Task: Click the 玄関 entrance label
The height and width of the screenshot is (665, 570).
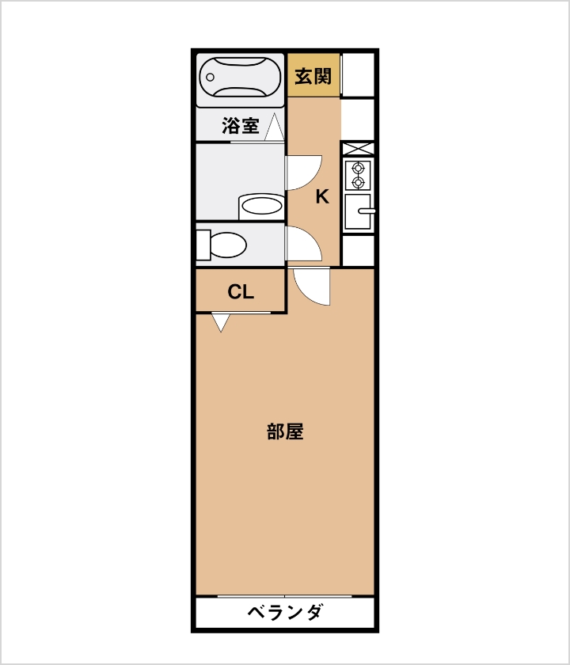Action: tap(313, 76)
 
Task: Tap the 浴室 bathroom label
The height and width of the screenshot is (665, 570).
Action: tap(241, 126)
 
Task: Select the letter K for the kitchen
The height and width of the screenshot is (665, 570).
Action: tap(322, 197)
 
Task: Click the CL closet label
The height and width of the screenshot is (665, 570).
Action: tap(241, 292)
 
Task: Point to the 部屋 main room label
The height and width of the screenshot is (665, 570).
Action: tap(285, 431)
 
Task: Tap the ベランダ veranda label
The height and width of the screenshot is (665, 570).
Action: tap(284, 613)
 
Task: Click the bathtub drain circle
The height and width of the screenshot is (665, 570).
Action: tap(210, 78)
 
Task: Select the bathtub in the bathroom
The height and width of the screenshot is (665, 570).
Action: tap(240, 78)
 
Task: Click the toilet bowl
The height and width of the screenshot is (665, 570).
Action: tap(228, 245)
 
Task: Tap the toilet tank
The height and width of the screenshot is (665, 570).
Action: tap(203, 245)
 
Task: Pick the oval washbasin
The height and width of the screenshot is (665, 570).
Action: tap(261, 207)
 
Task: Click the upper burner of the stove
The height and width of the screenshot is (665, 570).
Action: tap(359, 169)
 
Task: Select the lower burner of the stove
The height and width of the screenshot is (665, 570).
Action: tap(359, 183)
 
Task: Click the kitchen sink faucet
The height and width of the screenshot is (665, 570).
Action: tap(367, 211)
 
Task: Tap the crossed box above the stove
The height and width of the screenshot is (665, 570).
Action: tap(359, 149)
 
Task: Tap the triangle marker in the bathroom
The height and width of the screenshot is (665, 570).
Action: tap(275, 127)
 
